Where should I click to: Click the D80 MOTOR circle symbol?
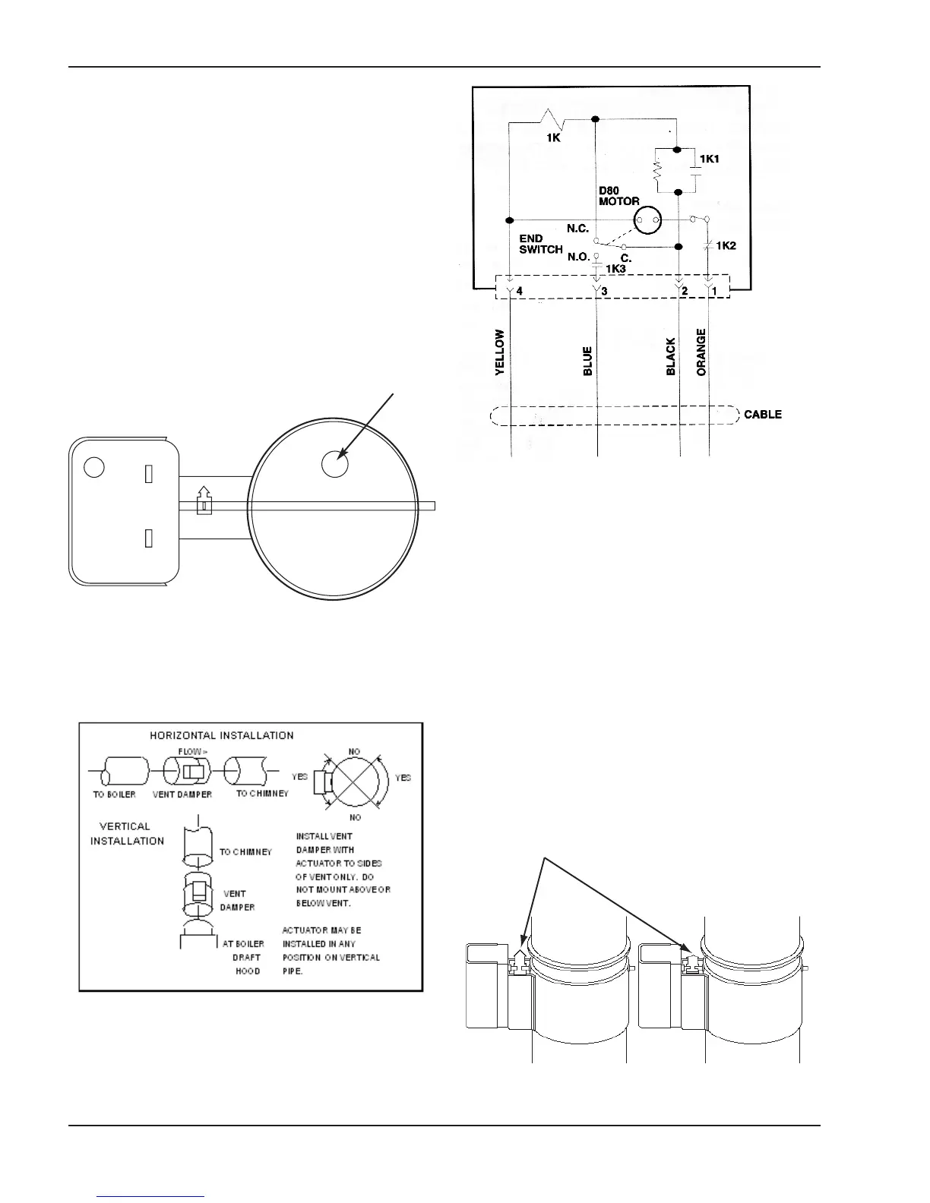648,221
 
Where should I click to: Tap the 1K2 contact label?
726,246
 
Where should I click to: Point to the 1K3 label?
616,269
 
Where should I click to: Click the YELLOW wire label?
500,352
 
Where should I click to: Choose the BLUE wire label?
588,362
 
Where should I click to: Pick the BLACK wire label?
671,357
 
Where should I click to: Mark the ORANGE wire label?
701,352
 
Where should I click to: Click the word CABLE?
762,415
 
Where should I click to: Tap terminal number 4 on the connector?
520,290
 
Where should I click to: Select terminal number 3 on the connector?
605,290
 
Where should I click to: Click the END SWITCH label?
540,244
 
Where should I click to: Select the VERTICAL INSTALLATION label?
127,833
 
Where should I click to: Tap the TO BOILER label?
115,794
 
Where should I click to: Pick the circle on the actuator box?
94,466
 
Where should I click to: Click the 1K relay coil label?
555,139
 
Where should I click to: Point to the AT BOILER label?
243,944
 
